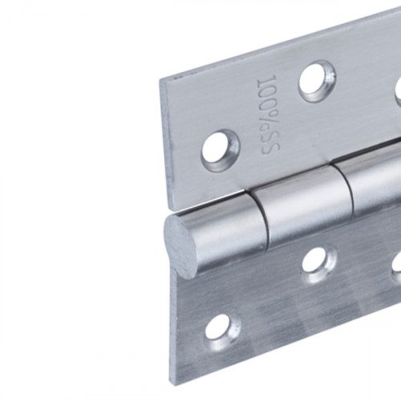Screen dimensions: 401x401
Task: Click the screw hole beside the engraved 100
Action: (318, 81)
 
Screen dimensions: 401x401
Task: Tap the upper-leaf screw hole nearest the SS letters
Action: (221, 150)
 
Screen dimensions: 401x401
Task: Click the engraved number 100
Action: (268, 95)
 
